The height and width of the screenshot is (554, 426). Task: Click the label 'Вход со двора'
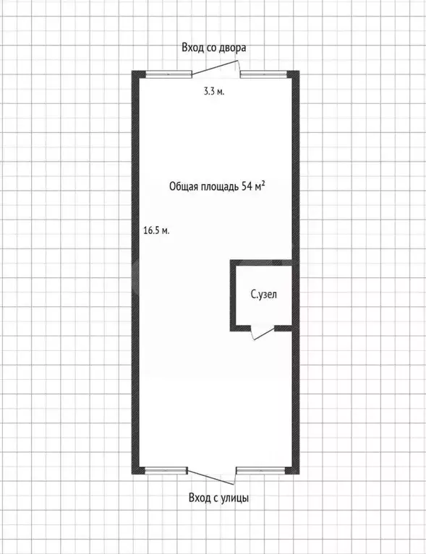tap(213, 48)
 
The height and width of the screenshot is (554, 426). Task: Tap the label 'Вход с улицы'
tap(218, 498)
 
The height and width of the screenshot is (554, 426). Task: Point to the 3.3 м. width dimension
tap(214, 92)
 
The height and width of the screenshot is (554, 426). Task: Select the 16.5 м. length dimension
tap(156, 230)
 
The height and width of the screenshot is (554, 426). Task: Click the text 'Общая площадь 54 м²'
tap(217, 186)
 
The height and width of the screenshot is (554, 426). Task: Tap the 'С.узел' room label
tap(263, 294)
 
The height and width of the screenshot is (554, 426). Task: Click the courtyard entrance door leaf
tap(214, 67)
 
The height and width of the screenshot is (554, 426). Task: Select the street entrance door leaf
tap(210, 477)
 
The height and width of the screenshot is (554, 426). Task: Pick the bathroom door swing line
tap(264, 334)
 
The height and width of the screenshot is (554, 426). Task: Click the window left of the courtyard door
tap(169, 74)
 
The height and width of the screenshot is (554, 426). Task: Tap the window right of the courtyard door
tap(263, 74)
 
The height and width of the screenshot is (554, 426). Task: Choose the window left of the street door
tap(166, 470)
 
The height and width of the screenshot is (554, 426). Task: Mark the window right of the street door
tap(261, 470)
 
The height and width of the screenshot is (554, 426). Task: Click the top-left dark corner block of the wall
tap(139, 74)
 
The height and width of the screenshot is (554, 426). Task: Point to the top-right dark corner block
tap(293, 74)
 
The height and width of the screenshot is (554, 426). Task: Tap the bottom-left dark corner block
tap(138, 470)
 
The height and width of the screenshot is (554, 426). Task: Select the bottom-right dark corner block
tap(292, 470)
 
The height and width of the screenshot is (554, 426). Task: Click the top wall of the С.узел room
tap(261, 262)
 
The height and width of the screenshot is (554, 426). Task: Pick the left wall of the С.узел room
tap(233, 295)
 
